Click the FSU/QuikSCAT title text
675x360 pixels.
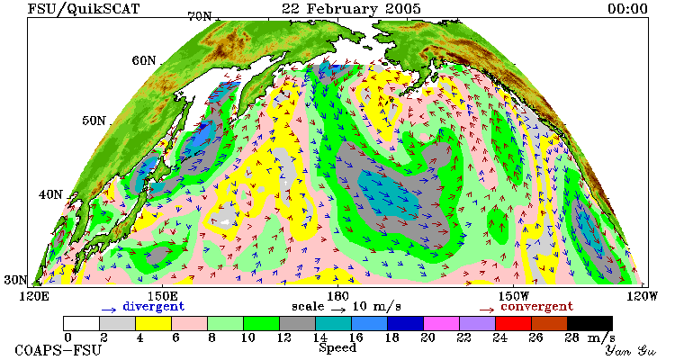84,9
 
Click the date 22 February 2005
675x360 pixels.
351,9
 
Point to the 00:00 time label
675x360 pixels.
627,9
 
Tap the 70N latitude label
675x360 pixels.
200,16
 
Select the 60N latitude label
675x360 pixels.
144,60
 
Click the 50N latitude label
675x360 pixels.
94,120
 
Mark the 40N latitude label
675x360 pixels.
50,194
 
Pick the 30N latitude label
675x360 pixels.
15,280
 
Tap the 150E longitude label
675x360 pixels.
162,296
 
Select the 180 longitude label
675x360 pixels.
337,296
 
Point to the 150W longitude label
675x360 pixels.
513,296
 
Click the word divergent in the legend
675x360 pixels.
153,307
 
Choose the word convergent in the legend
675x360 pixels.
536,307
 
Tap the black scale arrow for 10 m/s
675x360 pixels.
337,309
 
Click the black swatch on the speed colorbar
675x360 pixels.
589,323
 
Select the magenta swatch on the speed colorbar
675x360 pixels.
441,323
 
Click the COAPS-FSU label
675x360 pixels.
58,350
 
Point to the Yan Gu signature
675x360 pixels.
631,350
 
